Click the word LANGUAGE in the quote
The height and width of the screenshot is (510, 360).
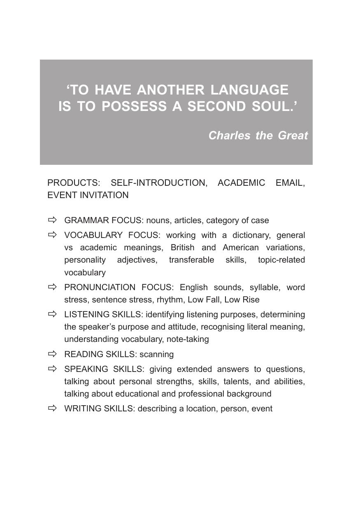[x=249, y=90]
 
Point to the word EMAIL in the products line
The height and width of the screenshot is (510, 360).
[x=290, y=183]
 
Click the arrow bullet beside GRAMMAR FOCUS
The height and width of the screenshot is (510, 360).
[x=52, y=220]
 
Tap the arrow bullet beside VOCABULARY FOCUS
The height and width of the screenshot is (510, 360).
[x=52, y=235]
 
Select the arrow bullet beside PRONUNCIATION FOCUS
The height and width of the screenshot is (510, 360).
[x=52, y=287]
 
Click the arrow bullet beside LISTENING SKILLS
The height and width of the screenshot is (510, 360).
[x=52, y=314]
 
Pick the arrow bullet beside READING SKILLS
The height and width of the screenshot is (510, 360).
[x=52, y=354]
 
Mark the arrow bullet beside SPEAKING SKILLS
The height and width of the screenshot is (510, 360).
[x=52, y=369]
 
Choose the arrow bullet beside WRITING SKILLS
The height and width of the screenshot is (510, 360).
[x=52, y=408]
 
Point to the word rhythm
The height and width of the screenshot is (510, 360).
[x=170, y=300]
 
